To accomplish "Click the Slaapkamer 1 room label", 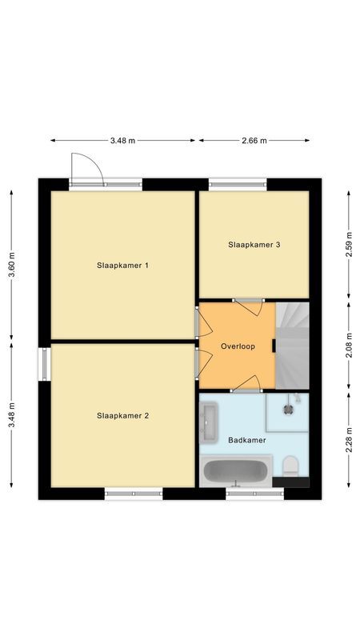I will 122,266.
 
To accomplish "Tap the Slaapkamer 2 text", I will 122,415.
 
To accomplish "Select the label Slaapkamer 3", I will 254,245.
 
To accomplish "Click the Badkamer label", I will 247,440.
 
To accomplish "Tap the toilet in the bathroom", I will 291,466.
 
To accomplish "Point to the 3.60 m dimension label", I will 12,265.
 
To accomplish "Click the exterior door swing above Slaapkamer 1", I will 85,167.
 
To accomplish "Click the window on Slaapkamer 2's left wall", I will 44,363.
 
